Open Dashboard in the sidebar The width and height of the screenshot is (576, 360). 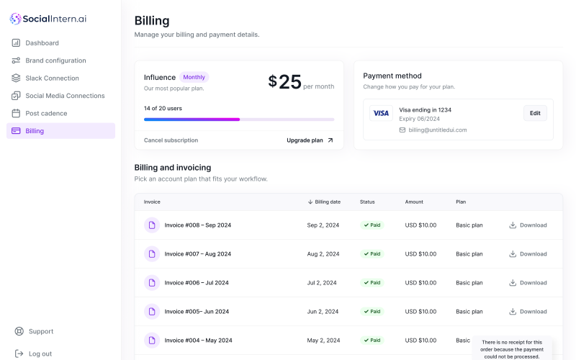[x=42, y=43]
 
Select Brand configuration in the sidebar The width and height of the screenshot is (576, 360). [x=55, y=60]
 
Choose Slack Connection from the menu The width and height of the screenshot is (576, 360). [x=52, y=78]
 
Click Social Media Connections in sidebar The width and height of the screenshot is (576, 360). [x=65, y=96]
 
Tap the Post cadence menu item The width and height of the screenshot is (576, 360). [x=46, y=113]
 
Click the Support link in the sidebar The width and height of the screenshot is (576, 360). [x=40, y=331]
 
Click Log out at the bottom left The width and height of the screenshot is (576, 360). [x=40, y=354]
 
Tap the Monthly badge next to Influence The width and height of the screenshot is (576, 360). [x=194, y=77]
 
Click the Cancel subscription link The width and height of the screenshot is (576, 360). [x=171, y=140]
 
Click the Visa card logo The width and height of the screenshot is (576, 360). [x=381, y=113]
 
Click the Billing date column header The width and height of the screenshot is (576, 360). [x=328, y=202]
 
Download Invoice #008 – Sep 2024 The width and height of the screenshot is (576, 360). [x=528, y=225]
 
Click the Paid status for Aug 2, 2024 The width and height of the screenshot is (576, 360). [x=372, y=254]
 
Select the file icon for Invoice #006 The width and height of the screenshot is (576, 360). [x=151, y=283]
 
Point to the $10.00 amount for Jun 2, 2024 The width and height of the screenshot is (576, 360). [x=420, y=312]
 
